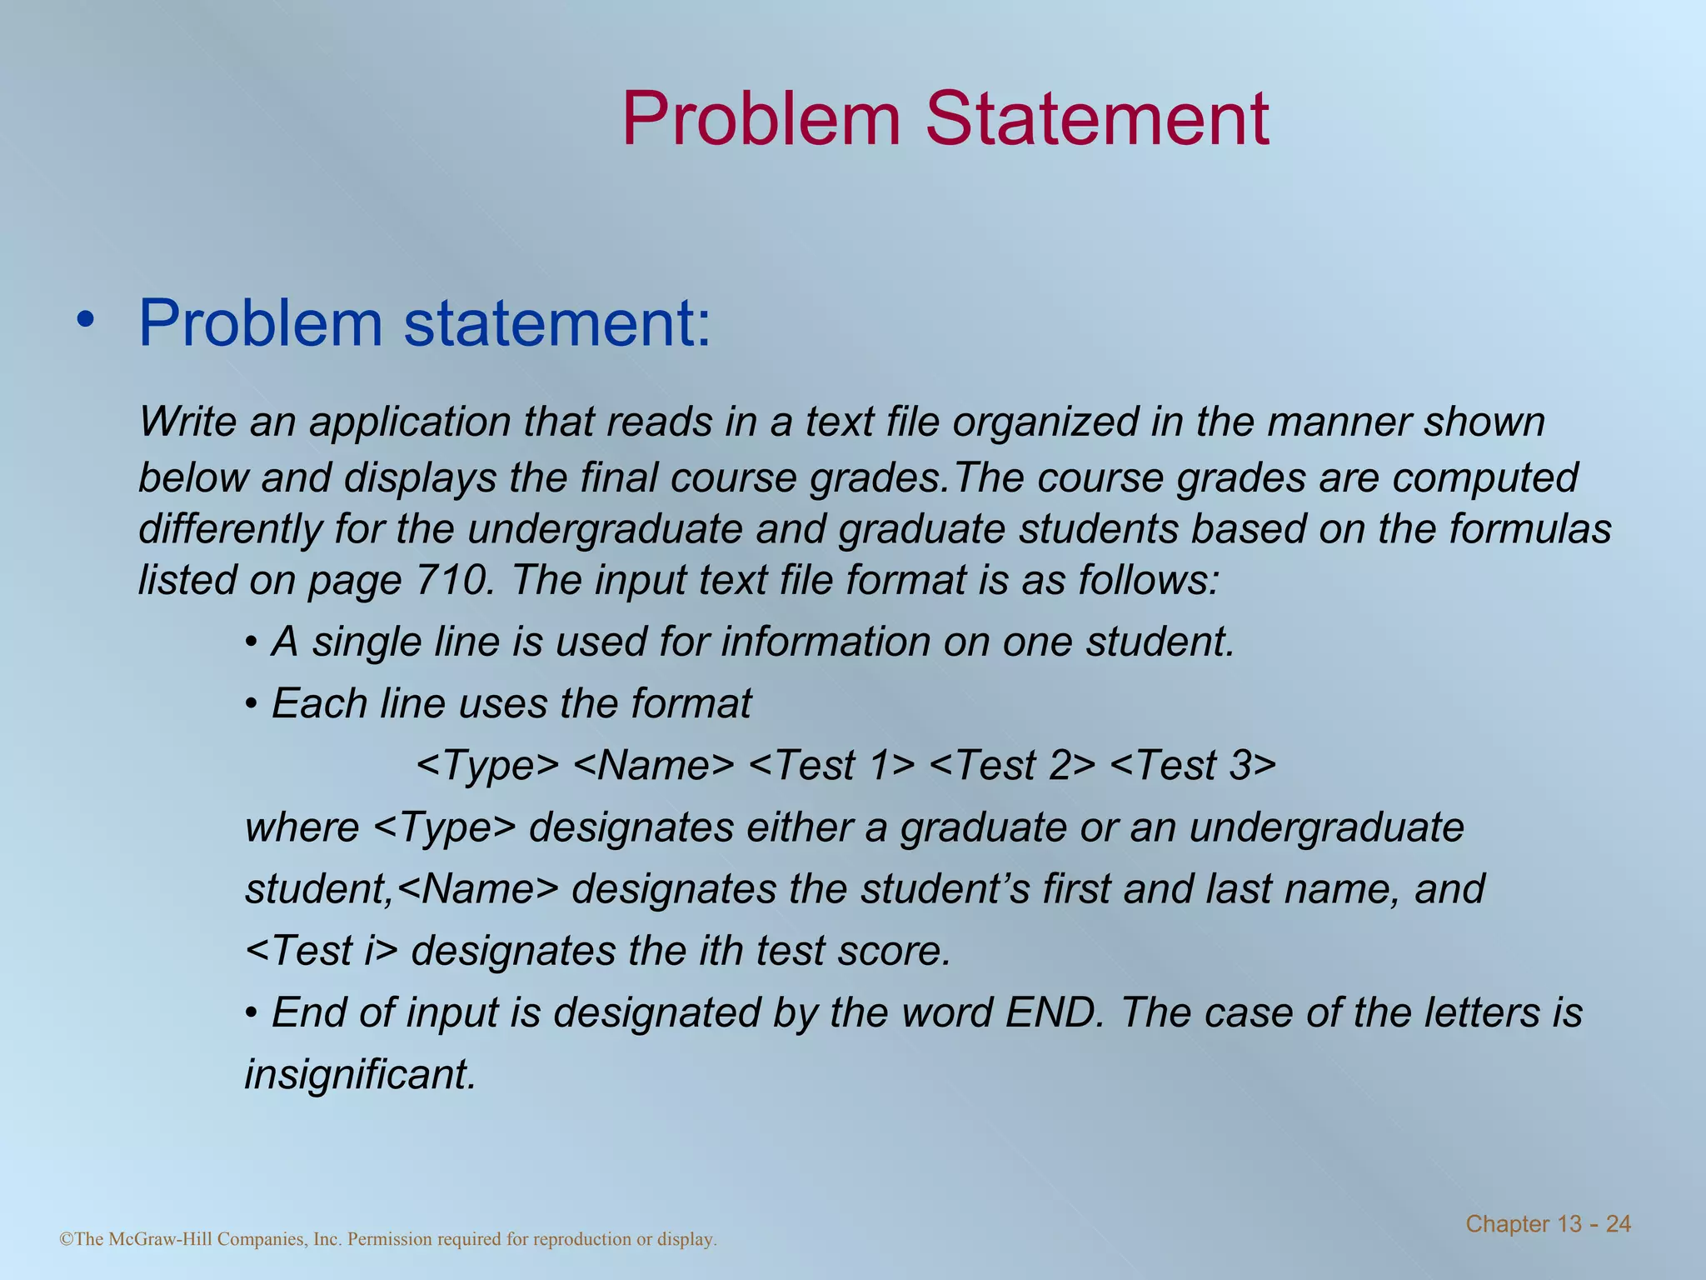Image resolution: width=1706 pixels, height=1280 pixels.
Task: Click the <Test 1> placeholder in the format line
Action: pos(832,765)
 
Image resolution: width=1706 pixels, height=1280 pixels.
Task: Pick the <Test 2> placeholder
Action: pos(1011,765)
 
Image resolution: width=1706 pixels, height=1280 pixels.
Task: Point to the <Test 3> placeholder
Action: pos(1193,765)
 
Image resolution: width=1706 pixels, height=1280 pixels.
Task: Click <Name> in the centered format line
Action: pos(655,765)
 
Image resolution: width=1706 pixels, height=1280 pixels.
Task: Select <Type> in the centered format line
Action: pos(487,765)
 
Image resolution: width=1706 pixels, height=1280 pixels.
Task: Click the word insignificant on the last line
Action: pos(360,1074)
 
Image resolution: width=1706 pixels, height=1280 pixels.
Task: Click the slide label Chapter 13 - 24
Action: pos(1548,1224)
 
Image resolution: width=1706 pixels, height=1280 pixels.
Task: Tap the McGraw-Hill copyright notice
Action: pos(388,1239)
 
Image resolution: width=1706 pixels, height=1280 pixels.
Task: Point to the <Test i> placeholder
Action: pos(322,951)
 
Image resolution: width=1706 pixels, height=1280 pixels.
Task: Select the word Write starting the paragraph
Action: pos(187,422)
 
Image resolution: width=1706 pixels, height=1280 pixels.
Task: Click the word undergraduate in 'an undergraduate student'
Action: pos(1326,827)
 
